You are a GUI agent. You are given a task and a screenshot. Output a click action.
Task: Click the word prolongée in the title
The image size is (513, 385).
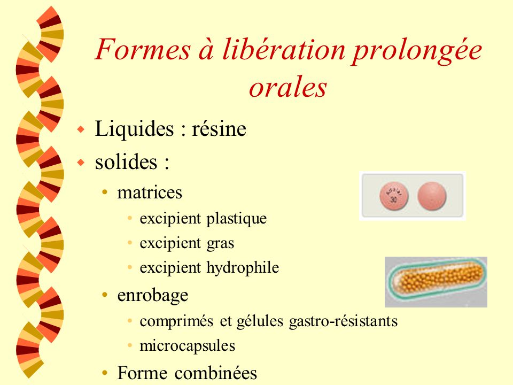click(417, 50)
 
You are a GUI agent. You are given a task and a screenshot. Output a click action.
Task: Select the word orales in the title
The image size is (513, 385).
click(288, 87)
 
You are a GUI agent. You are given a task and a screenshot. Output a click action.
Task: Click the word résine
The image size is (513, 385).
click(219, 129)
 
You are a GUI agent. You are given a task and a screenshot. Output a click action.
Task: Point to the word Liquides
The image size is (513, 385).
click(134, 129)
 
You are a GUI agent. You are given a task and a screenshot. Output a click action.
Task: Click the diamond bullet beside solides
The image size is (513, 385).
click(81, 162)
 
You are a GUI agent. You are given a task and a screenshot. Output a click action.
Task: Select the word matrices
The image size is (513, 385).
click(150, 192)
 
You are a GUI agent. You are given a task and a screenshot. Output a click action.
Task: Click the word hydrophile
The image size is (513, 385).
click(243, 268)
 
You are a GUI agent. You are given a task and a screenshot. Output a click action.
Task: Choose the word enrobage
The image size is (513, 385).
click(153, 296)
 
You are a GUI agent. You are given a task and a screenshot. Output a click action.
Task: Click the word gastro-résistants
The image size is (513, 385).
click(343, 321)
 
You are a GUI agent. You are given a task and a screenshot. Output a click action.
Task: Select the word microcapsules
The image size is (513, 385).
click(188, 346)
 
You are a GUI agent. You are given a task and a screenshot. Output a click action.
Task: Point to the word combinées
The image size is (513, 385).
click(215, 373)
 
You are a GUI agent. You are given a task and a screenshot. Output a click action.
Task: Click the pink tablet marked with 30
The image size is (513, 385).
click(394, 196)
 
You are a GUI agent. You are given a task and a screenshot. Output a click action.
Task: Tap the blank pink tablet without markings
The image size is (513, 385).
click(432, 196)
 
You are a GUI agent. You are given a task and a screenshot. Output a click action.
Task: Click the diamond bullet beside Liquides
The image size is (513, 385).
click(81, 129)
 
